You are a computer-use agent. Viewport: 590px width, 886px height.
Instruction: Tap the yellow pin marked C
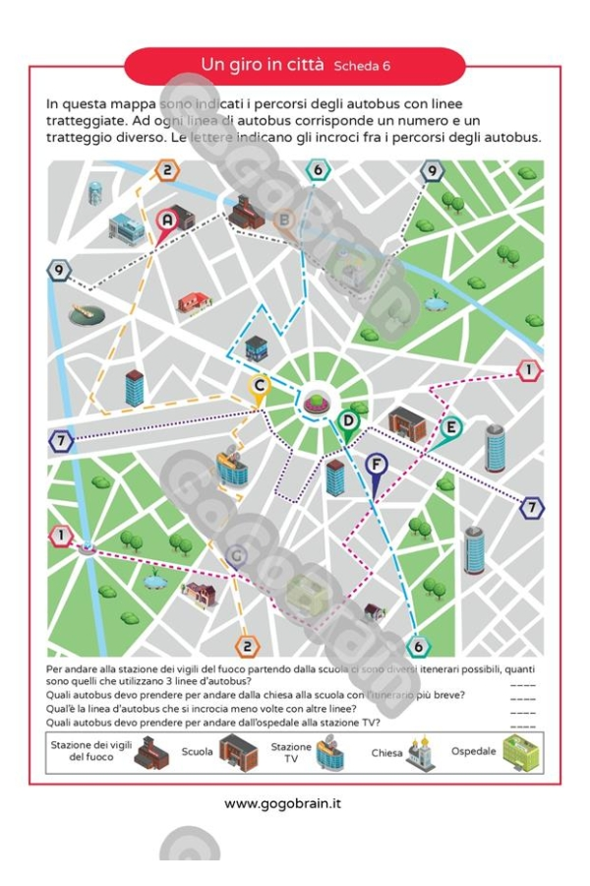[x=260, y=387]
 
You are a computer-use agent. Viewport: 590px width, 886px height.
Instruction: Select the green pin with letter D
[x=347, y=421]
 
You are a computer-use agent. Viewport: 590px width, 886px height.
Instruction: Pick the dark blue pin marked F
[x=376, y=465]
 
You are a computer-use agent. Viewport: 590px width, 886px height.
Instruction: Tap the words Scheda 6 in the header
[x=362, y=67]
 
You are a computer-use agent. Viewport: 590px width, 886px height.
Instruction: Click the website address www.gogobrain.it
[x=283, y=804]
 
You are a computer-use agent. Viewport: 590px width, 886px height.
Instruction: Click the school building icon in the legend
[x=237, y=752]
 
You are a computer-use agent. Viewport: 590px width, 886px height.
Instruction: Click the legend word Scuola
[x=197, y=753]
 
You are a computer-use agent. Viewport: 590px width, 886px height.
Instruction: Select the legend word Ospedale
[x=473, y=752]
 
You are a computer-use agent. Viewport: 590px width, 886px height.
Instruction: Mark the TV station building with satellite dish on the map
[x=232, y=466]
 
